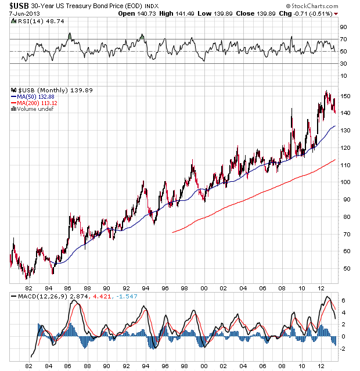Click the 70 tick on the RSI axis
tap(344, 39)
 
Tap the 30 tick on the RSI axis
tap(344, 63)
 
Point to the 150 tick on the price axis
tap(345, 96)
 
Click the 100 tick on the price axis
tap(345, 182)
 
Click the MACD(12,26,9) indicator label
tap(40, 297)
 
